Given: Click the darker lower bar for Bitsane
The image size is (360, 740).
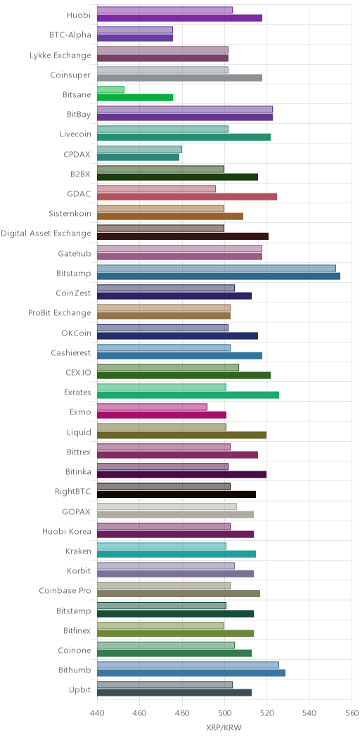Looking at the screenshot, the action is [x=135, y=98].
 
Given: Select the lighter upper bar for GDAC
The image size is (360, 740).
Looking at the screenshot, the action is [x=156, y=189].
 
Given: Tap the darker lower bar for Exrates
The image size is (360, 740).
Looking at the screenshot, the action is [x=188, y=395].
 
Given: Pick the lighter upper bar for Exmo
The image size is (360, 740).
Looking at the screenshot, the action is [x=152, y=407].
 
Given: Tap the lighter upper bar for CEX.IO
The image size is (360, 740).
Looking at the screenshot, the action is [x=168, y=367].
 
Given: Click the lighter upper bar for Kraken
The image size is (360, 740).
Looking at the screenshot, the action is [x=161, y=546].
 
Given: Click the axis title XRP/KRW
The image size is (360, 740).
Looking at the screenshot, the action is [x=224, y=727].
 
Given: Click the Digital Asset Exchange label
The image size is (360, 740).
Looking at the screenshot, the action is [x=46, y=233].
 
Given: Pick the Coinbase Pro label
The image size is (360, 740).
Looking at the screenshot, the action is [x=65, y=590].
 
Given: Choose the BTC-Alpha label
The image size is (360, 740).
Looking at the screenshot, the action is [x=70, y=34].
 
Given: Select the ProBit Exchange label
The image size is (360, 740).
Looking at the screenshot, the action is [x=60, y=312].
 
